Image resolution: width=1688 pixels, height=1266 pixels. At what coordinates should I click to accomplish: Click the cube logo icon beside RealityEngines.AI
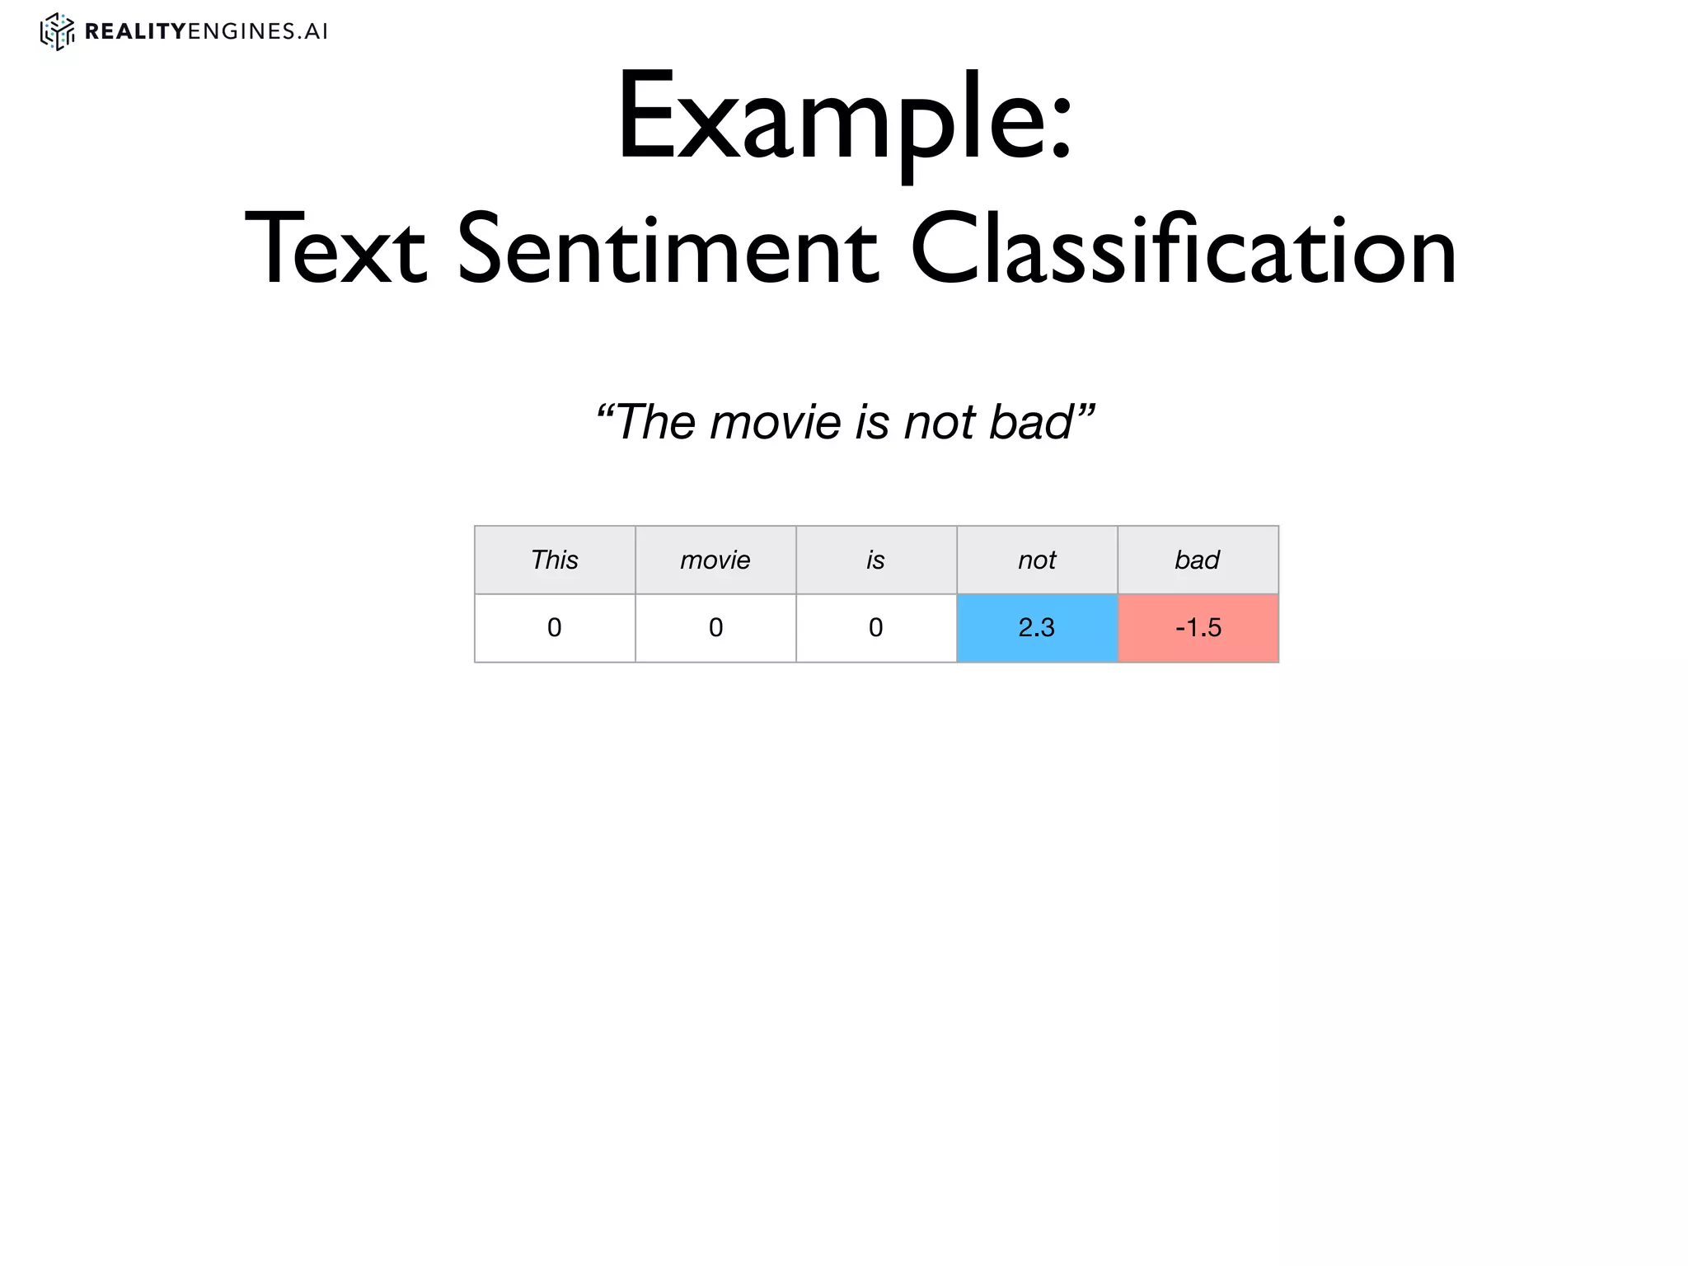click(57, 31)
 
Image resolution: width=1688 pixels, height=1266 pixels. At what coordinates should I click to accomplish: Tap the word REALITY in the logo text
click(135, 31)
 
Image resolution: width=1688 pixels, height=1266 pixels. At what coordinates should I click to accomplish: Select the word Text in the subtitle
click(335, 250)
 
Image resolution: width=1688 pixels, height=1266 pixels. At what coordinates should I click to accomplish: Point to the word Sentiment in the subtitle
click(668, 250)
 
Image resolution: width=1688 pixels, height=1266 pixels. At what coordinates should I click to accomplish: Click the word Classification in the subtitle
click(1184, 250)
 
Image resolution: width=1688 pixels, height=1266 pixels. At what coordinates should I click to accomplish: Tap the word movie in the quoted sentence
click(775, 422)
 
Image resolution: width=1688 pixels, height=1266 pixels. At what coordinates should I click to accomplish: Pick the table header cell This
click(555, 560)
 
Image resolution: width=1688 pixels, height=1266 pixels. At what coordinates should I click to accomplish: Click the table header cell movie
click(715, 560)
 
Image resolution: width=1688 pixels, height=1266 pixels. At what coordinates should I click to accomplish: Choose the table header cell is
click(876, 560)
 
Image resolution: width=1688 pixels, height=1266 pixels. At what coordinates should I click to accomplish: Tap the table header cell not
click(1037, 560)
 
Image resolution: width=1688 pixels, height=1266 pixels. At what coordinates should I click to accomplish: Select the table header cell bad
click(1198, 560)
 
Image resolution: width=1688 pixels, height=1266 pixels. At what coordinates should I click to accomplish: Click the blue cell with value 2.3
click(1037, 628)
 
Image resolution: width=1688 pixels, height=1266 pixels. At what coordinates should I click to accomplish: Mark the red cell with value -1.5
click(1198, 628)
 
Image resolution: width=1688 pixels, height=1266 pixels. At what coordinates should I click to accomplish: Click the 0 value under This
click(555, 628)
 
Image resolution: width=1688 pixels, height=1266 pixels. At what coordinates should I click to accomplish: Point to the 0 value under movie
click(715, 628)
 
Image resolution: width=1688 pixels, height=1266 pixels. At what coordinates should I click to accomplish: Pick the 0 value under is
click(876, 628)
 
